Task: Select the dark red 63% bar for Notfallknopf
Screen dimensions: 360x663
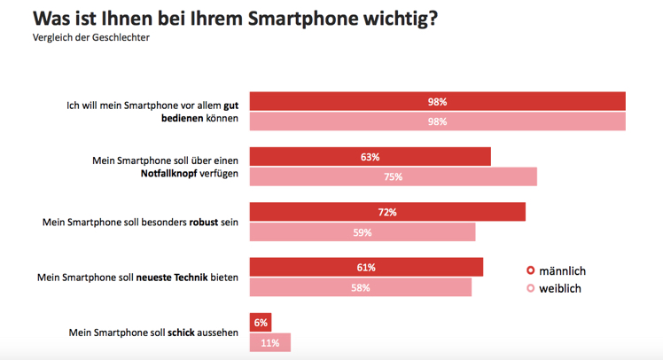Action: click(x=370, y=157)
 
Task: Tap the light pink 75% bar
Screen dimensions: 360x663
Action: click(x=393, y=176)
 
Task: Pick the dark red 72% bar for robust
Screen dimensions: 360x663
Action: click(x=387, y=212)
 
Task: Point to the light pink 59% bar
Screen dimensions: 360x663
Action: click(x=363, y=232)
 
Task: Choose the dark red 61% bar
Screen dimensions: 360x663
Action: click(x=366, y=267)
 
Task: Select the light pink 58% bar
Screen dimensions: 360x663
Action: click(x=360, y=287)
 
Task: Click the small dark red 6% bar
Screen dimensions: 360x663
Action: click(x=260, y=322)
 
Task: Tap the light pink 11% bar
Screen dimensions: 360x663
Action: click(x=269, y=342)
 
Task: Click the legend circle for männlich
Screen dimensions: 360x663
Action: click(x=531, y=270)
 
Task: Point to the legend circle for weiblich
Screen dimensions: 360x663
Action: click(x=531, y=288)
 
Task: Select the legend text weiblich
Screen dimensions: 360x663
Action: click(x=560, y=288)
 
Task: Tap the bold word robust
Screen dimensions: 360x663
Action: click(x=205, y=223)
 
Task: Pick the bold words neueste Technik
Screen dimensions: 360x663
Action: click(x=174, y=278)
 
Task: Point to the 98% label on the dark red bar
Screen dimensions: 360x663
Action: click(x=437, y=102)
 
